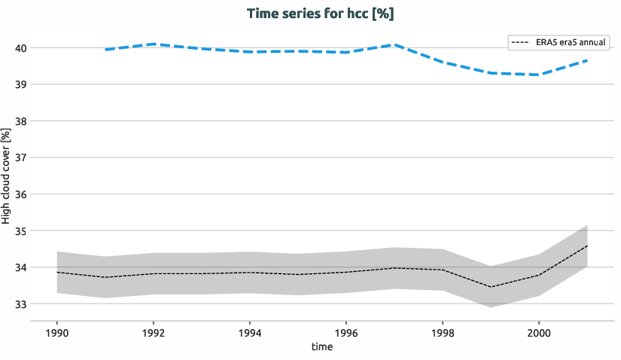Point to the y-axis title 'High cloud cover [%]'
tap(7, 176)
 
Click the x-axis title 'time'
tap(321, 347)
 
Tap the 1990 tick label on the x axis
tap(57, 332)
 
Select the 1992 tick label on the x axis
tap(154, 332)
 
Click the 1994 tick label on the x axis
tap(250, 332)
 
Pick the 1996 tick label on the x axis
tap(346, 332)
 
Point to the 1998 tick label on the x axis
tap(442, 332)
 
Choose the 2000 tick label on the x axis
tap(538, 332)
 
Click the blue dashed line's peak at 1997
tap(394, 45)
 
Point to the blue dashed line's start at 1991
tap(105, 50)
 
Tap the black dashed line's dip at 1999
tap(490, 287)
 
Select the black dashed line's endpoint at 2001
tap(586, 246)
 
